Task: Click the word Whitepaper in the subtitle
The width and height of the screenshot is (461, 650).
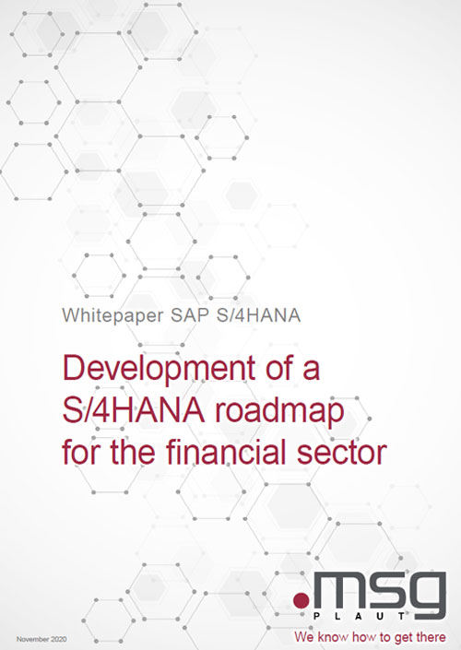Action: click(112, 316)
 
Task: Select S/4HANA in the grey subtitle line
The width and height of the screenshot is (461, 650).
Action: click(259, 315)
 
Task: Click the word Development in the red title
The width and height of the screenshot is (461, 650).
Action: click(159, 370)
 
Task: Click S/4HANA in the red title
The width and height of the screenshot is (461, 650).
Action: click(133, 410)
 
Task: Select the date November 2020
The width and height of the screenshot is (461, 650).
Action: click(41, 639)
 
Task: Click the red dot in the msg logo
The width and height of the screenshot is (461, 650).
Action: click(301, 600)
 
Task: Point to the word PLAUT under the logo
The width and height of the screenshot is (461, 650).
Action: click(359, 617)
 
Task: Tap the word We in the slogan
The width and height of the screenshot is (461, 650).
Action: click(304, 637)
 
